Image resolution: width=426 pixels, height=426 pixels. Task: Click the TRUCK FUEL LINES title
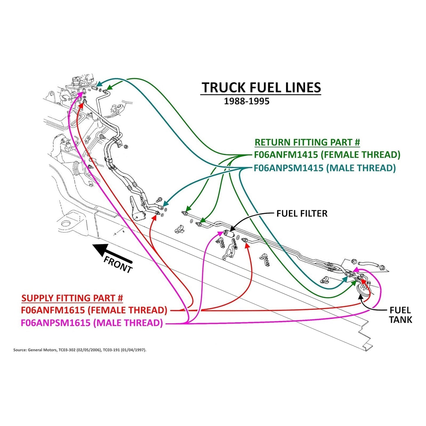[x=261, y=88]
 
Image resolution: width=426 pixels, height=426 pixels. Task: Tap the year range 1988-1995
[x=246, y=101]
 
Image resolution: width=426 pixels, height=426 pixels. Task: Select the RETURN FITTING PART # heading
[x=307, y=142]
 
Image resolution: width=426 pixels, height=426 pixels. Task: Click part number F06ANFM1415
[x=286, y=155]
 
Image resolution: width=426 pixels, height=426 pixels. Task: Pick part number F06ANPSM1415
[x=289, y=168]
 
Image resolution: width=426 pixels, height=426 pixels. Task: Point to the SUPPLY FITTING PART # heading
[x=72, y=298]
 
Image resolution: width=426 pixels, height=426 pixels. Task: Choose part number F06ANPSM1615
[x=55, y=323]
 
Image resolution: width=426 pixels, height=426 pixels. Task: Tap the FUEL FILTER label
[x=302, y=213]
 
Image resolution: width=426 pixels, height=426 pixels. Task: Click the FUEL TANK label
[x=400, y=315]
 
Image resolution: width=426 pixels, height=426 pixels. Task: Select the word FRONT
[x=118, y=264]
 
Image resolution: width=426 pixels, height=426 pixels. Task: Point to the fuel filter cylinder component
[x=229, y=234]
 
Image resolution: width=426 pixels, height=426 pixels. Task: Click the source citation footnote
[x=80, y=350]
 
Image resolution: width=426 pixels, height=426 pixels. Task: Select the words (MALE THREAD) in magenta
[x=128, y=323]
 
